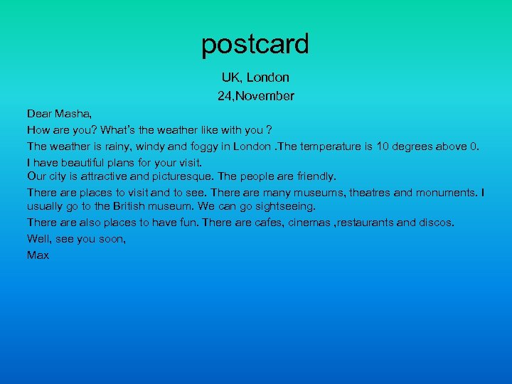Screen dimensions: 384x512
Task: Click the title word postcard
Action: pyautogui.click(x=255, y=45)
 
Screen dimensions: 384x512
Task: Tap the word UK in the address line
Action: pyautogui.click(x=230, y=78)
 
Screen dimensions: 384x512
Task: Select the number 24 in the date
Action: pyautogui.click(x=225, y=95)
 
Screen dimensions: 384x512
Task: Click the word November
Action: pyautogui.click(x=267, y=95)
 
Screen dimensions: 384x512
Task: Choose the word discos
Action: pyautogui.click(x=436, y=223)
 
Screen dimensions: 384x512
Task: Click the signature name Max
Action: pyautogui.click(x=38, y=255)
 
